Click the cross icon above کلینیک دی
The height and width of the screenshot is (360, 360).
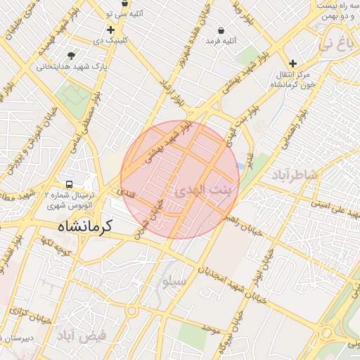click(110, 30)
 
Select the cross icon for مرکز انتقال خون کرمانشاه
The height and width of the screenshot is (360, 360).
click(293, 63)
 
